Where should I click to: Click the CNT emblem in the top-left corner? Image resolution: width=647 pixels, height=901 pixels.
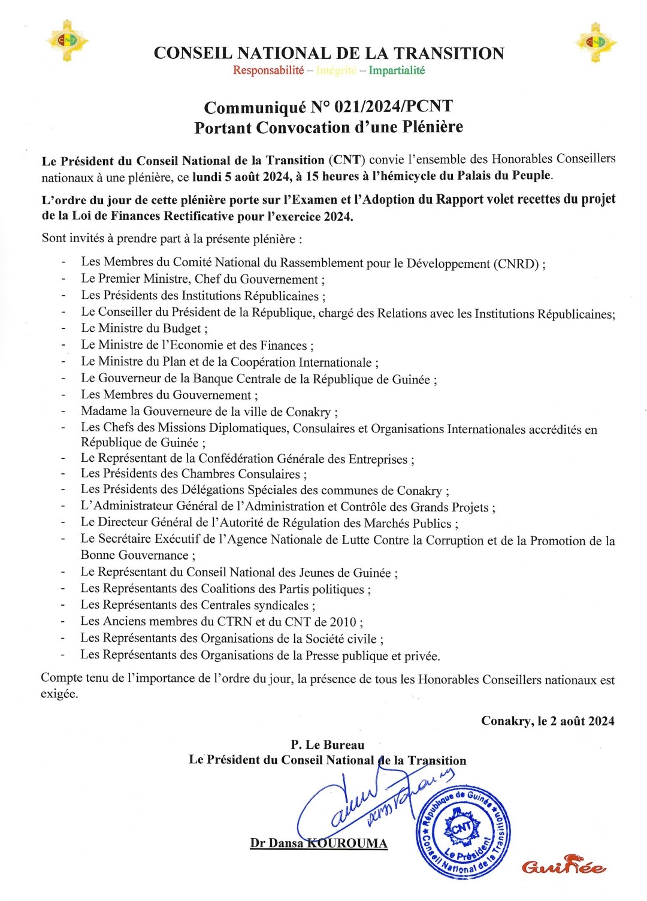click(67, 41)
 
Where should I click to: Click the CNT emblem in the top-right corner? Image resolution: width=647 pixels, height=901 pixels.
click(595, 42)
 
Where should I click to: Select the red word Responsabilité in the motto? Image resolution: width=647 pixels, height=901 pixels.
click(268, 70)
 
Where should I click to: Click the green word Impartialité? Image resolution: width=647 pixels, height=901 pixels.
click(397, 70)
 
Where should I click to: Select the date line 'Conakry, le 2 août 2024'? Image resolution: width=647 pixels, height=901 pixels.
click(548, 721)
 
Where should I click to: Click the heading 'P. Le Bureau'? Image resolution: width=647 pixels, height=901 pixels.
click(328, 745)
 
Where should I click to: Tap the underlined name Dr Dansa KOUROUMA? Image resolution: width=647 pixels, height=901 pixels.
click(319, 843)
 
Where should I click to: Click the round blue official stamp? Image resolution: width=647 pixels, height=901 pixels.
click(462, 832)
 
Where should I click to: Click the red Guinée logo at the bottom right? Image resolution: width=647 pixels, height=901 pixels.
click(563, 866)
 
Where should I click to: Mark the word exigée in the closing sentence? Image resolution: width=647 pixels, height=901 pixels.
click(59, 694)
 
